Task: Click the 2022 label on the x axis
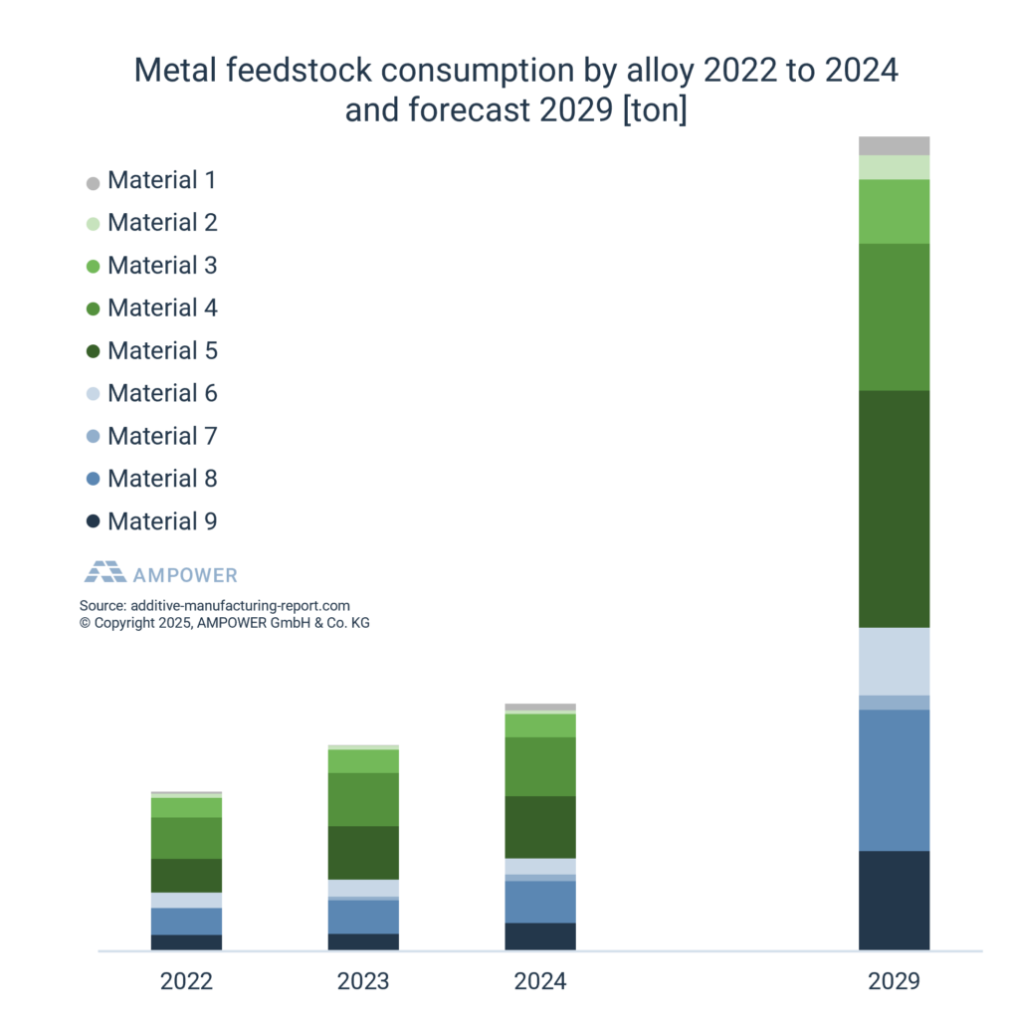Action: coord(186,981)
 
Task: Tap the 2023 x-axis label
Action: coord(363,981)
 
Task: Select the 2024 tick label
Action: coord(540,981)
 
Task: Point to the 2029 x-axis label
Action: coord(894,981)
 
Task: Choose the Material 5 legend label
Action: coord(162,351)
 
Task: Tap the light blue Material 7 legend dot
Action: coord(94,437)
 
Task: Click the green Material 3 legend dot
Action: coord(94,267)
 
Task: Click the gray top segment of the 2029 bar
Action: coord(894,145)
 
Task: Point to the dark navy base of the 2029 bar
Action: coord(894,900)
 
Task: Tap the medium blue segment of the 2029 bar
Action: coord(894,779)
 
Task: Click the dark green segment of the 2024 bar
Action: coord(540,826)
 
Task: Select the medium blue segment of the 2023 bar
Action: coord(363,916)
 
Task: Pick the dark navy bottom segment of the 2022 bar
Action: coord(186,941)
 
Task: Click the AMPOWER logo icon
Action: coord(104,572)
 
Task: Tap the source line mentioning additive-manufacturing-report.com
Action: coord(214,605)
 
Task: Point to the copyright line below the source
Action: coord(224,622)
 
